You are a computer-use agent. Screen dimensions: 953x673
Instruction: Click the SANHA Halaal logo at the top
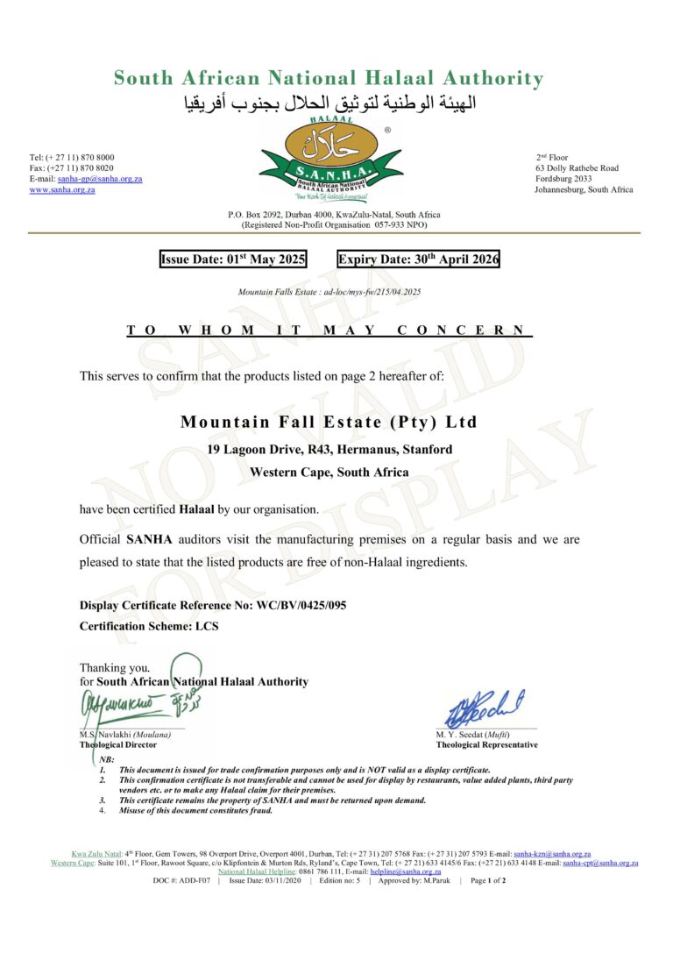(x=330, y=158)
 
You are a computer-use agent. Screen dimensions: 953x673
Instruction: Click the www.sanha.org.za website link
(x=62, y=189)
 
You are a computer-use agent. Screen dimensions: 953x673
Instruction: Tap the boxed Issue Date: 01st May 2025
(x=232, y=259)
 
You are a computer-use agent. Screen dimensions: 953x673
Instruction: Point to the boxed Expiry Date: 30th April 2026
(x=418, y=259)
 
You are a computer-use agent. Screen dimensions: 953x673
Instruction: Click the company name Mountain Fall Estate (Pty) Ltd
(x=329, y=422)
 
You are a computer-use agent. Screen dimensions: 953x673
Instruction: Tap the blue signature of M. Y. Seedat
(x=485, y=709)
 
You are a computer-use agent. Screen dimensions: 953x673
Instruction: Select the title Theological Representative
(x=486, y=745)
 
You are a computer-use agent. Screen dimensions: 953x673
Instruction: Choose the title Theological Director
(x=118, y=745)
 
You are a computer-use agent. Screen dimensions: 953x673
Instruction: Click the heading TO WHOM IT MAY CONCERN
(x=329, y=331)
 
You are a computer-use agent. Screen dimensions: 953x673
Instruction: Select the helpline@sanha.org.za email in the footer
(x=417, y=871)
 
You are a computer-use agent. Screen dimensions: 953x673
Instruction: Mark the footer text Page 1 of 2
(x=488, y=880)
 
